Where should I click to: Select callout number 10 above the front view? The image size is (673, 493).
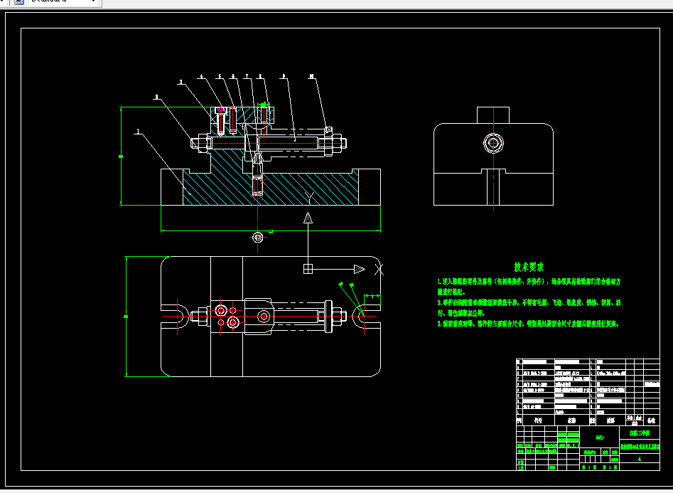[x=312, y=75]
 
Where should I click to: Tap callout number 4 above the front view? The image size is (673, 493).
[x=201, y=75]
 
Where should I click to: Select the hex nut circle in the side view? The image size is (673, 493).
[x=493, y=144]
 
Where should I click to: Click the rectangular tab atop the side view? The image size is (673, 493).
[x=493, y=115]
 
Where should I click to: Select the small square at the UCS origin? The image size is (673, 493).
[x=308, y=269]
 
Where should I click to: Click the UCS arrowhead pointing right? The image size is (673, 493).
[x=359, y=269]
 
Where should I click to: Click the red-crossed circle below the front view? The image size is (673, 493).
[x=258, y=236]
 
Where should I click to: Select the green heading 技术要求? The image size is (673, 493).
[x=529, y=267]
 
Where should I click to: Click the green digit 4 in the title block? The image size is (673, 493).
[x=640, y=459]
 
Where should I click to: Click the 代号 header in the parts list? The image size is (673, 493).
[x=537, y=420]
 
